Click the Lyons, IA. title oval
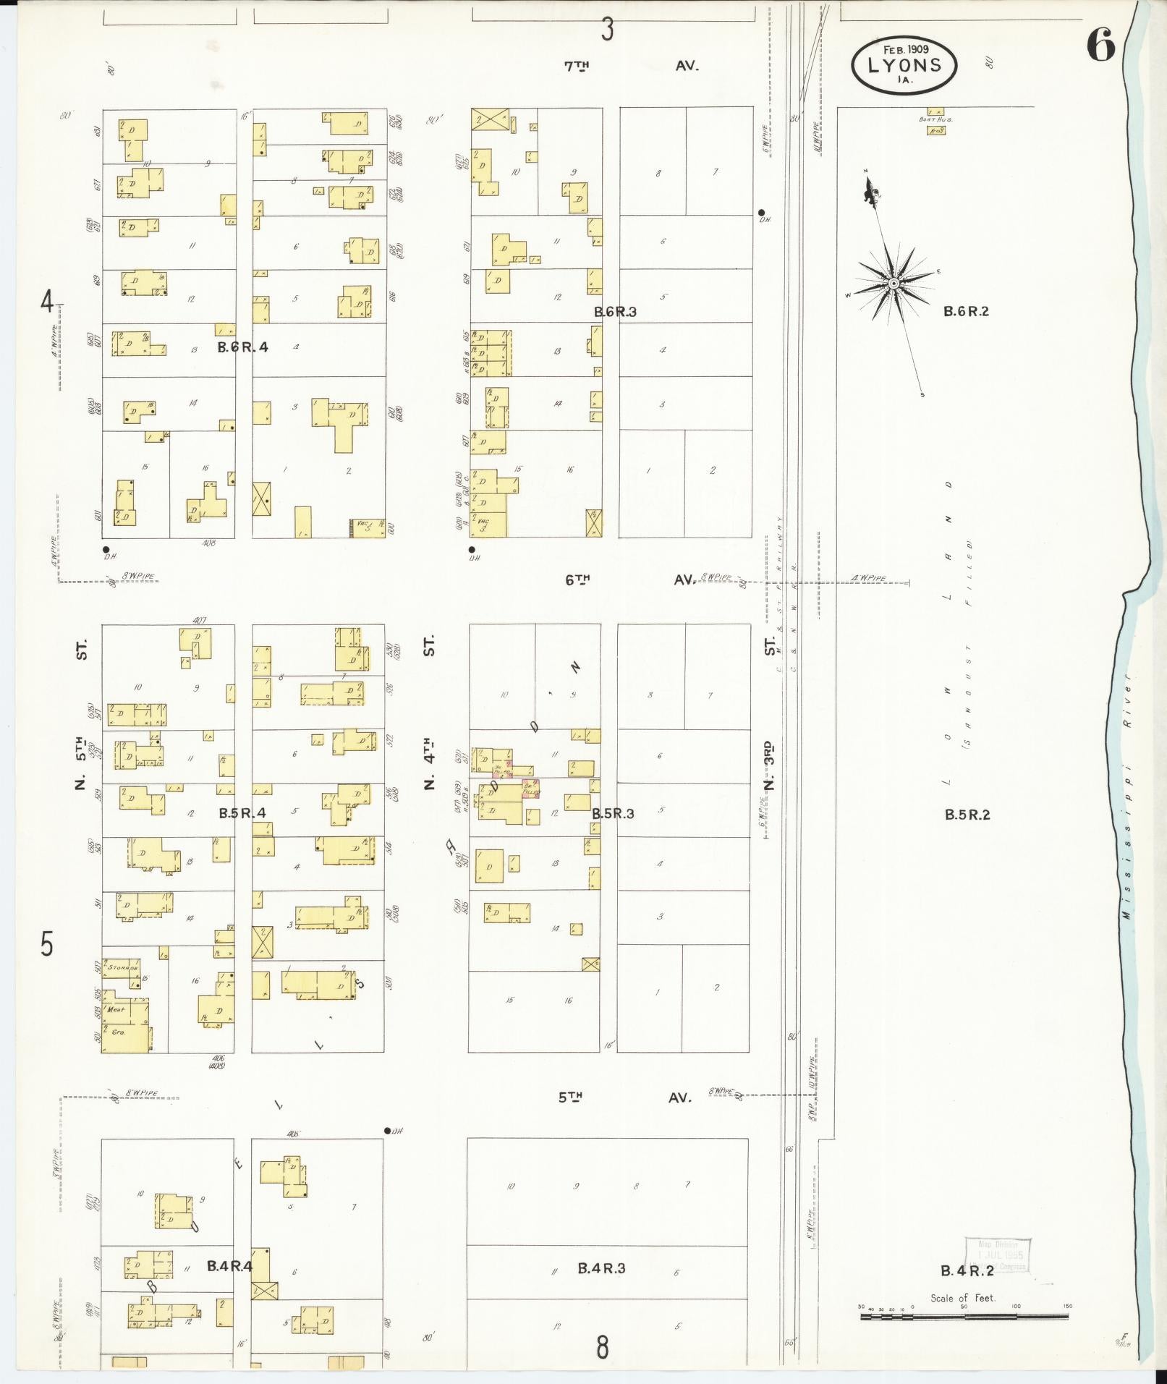904,64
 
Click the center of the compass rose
894,284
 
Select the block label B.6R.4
243,347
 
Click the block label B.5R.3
613,814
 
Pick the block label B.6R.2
966,312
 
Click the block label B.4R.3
601,1268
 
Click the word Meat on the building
116,1009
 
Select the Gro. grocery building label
118,1032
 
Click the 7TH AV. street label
631,66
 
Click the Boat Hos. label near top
935,119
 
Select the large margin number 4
47,302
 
